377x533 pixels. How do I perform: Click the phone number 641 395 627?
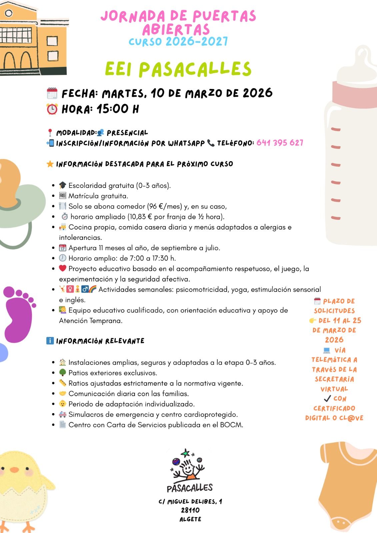280,143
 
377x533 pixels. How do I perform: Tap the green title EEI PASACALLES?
178,69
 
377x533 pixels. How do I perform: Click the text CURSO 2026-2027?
178,42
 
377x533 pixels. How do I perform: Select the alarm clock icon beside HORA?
52,109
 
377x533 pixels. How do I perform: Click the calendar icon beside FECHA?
52,93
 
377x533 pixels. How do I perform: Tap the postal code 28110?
190,510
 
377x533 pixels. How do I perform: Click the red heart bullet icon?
63,268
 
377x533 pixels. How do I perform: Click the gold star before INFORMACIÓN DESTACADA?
50,164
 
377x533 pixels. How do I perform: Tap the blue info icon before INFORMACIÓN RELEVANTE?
50,341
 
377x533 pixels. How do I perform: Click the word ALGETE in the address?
190,519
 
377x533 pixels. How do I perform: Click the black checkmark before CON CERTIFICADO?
327,398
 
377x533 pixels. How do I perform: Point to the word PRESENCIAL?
127,133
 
